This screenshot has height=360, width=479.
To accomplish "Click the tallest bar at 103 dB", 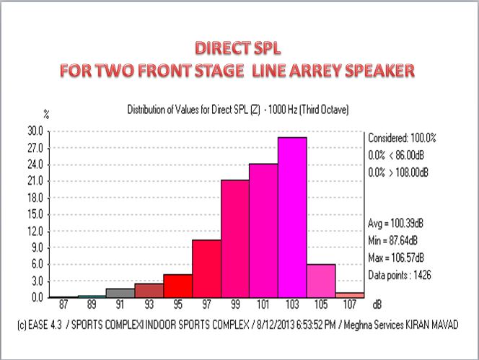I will [x=293, y=216].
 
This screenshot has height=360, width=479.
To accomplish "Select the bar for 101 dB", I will [x=264, y=231].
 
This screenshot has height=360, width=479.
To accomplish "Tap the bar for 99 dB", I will [x=235, y=238].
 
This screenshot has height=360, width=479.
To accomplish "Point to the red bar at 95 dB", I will [x=177, y=286].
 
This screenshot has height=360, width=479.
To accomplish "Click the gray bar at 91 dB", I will [x=120, y=292].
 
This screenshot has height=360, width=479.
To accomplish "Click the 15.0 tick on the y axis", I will [x=35, y=214].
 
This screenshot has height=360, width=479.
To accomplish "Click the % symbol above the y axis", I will [x=45, y=114].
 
